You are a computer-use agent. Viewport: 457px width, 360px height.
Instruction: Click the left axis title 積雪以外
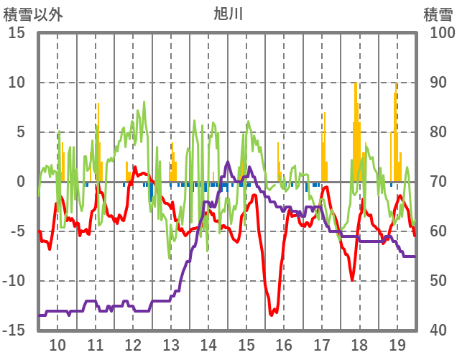point(33,14)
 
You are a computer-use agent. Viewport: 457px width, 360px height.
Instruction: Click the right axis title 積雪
point(438,14)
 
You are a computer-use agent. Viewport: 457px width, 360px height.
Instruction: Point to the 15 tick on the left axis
point(17,33)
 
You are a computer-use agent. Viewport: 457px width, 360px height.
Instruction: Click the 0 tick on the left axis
point(21,182)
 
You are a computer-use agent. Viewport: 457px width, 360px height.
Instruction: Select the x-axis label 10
point(57,344)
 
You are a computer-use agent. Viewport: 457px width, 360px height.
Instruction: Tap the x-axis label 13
point(171,344)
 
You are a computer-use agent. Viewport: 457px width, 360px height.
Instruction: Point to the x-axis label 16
point(284,344)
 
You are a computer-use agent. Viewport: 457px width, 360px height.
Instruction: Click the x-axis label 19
point(397,344)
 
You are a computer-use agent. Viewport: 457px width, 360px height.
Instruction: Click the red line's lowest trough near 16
point(272,314)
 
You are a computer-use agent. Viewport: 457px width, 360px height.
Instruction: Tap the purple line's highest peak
point(228,162)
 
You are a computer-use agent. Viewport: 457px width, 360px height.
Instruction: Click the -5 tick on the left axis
point(17,231)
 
